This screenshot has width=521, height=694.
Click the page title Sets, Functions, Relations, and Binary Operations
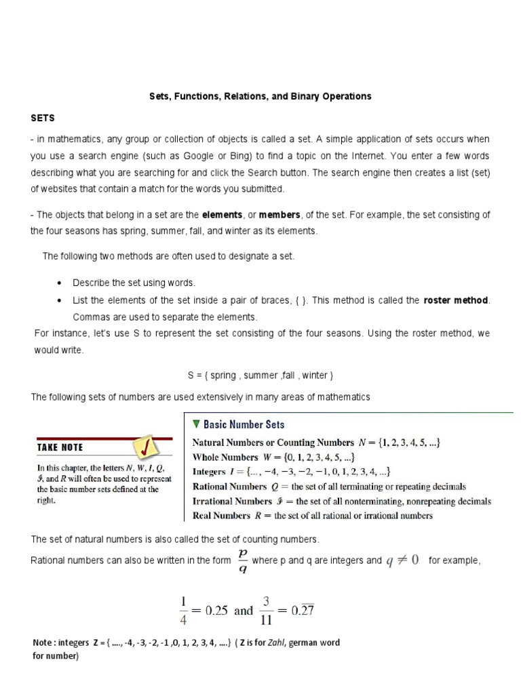(260, 96)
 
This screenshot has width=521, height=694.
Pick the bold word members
(279, 215)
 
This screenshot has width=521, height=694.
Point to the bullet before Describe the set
(60, 283)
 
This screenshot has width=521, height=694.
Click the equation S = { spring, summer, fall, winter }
(260, 375)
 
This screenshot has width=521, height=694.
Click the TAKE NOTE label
(60, 447)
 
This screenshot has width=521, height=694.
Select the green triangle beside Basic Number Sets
(196, 424)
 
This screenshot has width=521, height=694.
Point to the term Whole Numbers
(225, 457)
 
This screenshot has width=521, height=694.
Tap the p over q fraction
(242, 561)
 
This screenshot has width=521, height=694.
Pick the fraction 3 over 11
(266, 610)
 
